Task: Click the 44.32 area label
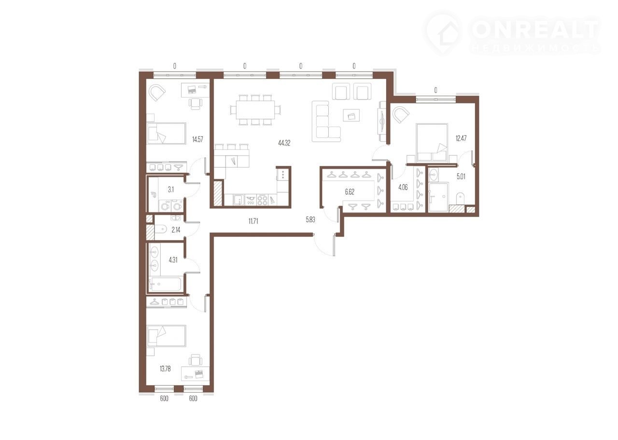[284, 143]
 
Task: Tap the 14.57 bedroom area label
[197, 139]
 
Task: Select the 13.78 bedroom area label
[165, 369]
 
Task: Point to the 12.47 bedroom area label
[461, 138]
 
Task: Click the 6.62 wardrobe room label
[350, 192]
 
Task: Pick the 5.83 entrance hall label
[310, 220]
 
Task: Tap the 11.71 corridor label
[253, 221]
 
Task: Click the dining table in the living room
[255, 110]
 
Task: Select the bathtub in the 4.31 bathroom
[165, 284]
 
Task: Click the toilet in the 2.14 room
[161, 229]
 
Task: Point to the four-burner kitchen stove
[262, 200]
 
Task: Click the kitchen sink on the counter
[239, 200]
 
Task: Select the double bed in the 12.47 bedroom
[432, 142]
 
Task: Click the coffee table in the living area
[351, 115]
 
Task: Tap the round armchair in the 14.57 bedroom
[157, 93]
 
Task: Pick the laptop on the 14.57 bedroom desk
[192, 89]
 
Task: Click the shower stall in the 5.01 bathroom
[438, 197]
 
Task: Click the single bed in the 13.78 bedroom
[167, 336]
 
